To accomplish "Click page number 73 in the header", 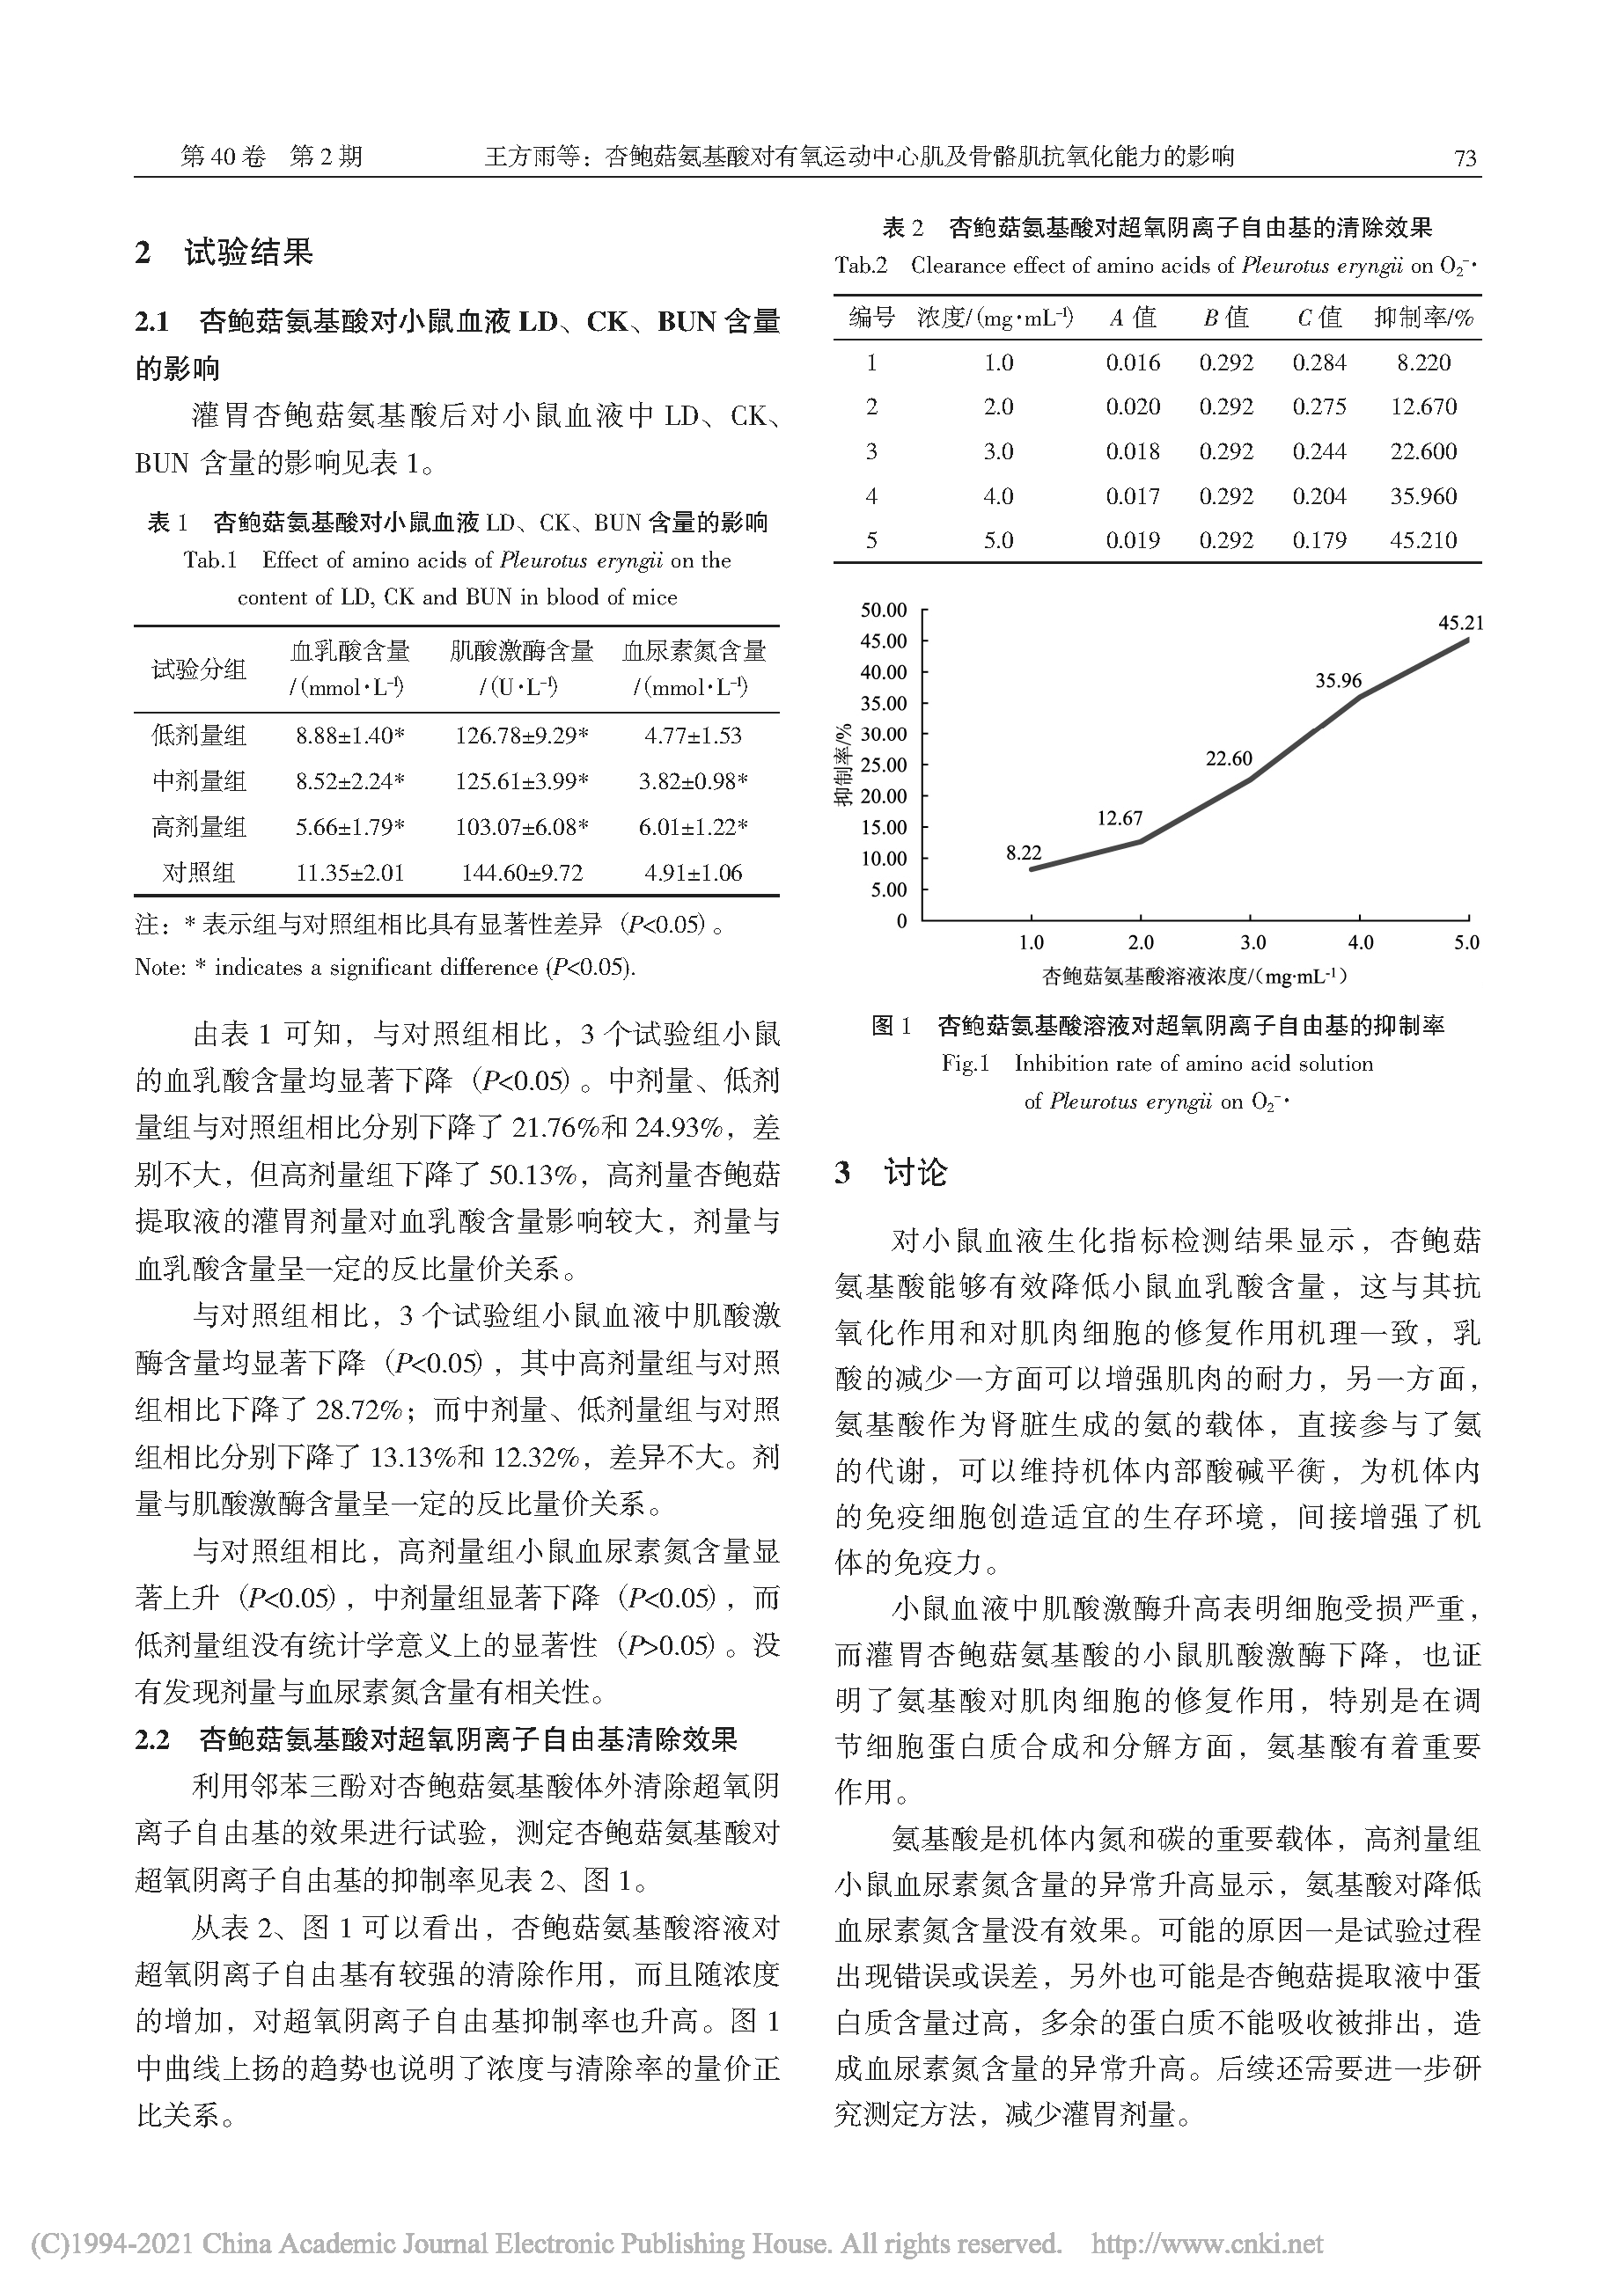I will [1465, 157].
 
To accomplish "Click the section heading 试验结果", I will [248, 253].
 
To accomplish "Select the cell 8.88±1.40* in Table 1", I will [349, 736].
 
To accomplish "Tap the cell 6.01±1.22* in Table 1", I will [693, 828].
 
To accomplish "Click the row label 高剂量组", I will [199, 828].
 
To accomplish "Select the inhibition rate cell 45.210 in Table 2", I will [1423, 541].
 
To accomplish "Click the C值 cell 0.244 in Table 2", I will [1319, 451].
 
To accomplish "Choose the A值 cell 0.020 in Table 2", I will [1133, 406].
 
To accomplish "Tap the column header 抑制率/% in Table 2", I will [1423, 318].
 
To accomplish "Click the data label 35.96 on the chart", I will [1339, 682].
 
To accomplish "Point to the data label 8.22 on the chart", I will [1023, 853].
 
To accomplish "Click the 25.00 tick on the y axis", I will [884, 765].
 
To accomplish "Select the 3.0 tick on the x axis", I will [1252, 943].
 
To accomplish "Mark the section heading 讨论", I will [915, 1173].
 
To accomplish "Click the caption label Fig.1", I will [966, 1064].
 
